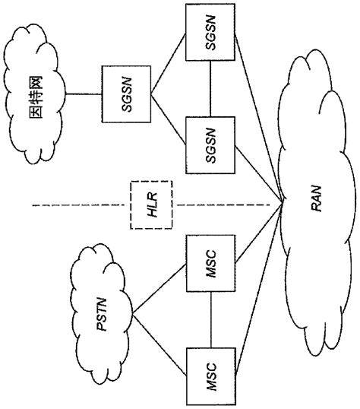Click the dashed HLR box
151,205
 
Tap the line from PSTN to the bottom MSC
159,346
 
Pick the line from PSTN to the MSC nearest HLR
159,290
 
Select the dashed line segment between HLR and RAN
228,205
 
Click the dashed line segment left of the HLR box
76,205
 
